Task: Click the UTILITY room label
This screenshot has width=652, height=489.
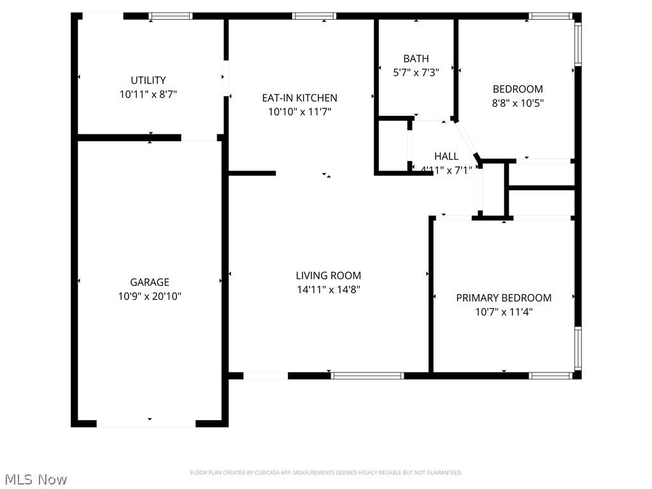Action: point(148,80)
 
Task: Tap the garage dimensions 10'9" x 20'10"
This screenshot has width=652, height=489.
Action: point(150,296)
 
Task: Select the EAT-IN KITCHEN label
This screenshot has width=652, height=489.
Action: point(300,98)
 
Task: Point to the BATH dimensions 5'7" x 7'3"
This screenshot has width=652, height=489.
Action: point(416,73)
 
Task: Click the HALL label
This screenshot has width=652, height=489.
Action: point(446,156)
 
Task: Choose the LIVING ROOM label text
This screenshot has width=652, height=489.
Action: point(329,276)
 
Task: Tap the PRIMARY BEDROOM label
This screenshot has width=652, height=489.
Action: point(504,298)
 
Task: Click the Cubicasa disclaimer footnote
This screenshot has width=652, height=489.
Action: point(326,472)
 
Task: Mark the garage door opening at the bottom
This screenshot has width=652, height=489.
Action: point(146,423)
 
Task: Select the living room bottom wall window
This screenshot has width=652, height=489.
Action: point(368,376)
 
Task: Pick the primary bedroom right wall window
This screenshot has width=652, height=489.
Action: point(578,349)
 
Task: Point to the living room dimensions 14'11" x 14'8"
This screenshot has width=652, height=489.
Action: point(329,290)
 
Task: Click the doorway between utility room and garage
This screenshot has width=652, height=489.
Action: point(199,138)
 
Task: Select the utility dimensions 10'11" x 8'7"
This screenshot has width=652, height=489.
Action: point(148,94)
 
